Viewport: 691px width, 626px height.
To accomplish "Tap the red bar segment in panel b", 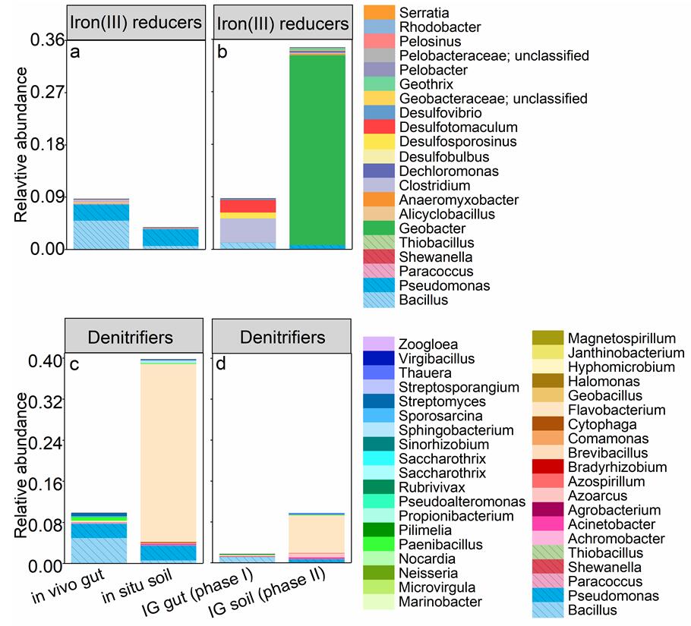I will point(248,206).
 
